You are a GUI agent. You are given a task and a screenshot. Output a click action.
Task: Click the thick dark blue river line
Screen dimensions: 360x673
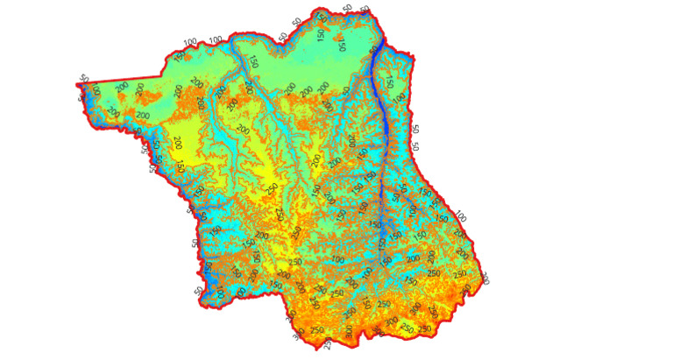[379, 131]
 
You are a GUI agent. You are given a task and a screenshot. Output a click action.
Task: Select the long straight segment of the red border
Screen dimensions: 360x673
[123, 81]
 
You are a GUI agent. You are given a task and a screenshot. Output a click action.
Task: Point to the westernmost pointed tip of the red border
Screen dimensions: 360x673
[76, 86]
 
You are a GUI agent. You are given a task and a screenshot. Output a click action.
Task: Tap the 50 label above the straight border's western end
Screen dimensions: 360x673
[83, 79]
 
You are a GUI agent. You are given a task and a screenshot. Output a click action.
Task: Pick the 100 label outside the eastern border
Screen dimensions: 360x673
[461, 216]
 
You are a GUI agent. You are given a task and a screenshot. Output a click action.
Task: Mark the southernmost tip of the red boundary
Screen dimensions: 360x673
[317, 348]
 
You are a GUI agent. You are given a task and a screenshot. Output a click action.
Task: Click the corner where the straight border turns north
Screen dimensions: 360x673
[164, 76]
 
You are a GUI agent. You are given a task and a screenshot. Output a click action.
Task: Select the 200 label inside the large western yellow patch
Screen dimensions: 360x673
[178, 142]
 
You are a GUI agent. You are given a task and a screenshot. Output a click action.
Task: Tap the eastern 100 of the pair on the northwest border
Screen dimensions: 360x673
[216, 41]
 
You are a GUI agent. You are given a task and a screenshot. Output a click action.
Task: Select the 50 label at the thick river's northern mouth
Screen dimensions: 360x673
[365, 10]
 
